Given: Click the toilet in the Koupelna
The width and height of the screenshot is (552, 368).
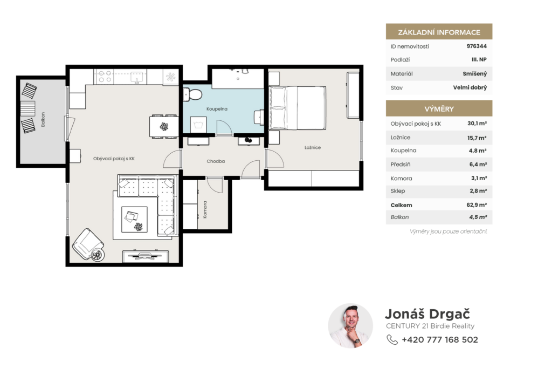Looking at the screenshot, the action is point(192,94).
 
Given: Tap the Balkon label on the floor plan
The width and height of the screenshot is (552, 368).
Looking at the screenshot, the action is point(43,119).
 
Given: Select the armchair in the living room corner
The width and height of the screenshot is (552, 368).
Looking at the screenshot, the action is point(88,244).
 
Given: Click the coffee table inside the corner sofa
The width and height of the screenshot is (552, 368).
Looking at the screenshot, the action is point(134,220).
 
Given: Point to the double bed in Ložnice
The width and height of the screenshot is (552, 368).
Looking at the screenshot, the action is point(297,108).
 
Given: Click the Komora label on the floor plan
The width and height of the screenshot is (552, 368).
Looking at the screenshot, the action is point(205,210).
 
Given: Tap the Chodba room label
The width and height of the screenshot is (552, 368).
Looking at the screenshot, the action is point(216,161).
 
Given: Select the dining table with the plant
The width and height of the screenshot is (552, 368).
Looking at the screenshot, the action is point(164,126).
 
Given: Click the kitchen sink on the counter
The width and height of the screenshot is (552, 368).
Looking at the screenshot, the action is point(136,77).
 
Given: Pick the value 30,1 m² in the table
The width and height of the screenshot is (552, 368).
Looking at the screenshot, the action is point(477,124).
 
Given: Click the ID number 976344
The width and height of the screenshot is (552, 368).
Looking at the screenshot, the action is point(477,46).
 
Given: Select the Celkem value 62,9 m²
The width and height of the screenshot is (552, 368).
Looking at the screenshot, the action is point(477,205).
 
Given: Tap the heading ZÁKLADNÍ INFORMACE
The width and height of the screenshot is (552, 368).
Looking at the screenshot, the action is point(439,32).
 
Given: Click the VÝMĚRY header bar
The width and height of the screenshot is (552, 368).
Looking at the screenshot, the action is point(439,108).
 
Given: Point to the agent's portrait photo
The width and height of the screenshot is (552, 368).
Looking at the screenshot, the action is point(350,326).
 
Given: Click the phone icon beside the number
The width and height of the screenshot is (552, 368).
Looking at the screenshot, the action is point(392,340).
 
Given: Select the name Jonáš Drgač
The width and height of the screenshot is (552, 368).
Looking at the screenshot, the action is point(427,314).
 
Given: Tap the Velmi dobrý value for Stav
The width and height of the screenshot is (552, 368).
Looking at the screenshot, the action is point(470,87).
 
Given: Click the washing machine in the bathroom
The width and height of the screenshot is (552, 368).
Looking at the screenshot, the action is point(198,125).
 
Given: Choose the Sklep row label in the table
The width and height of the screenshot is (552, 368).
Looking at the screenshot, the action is point(398,191).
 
